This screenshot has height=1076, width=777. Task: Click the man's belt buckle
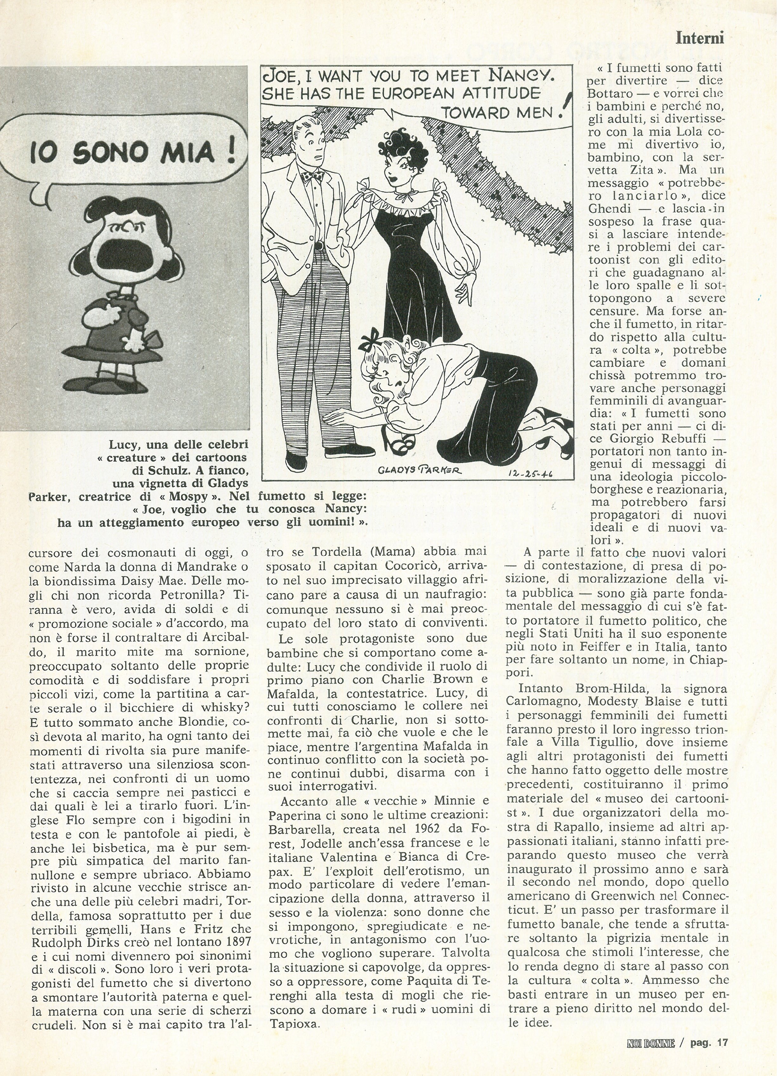[319, 246]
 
